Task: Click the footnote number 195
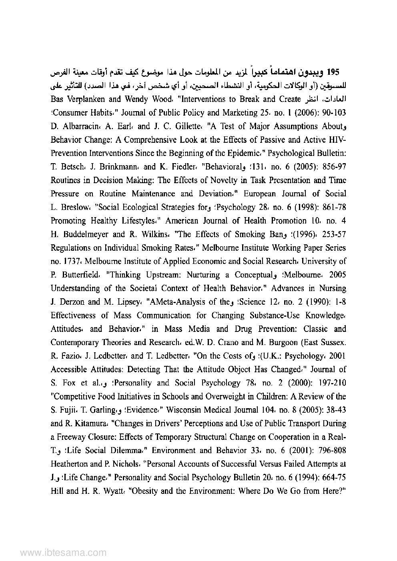click(x=333, y=72)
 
